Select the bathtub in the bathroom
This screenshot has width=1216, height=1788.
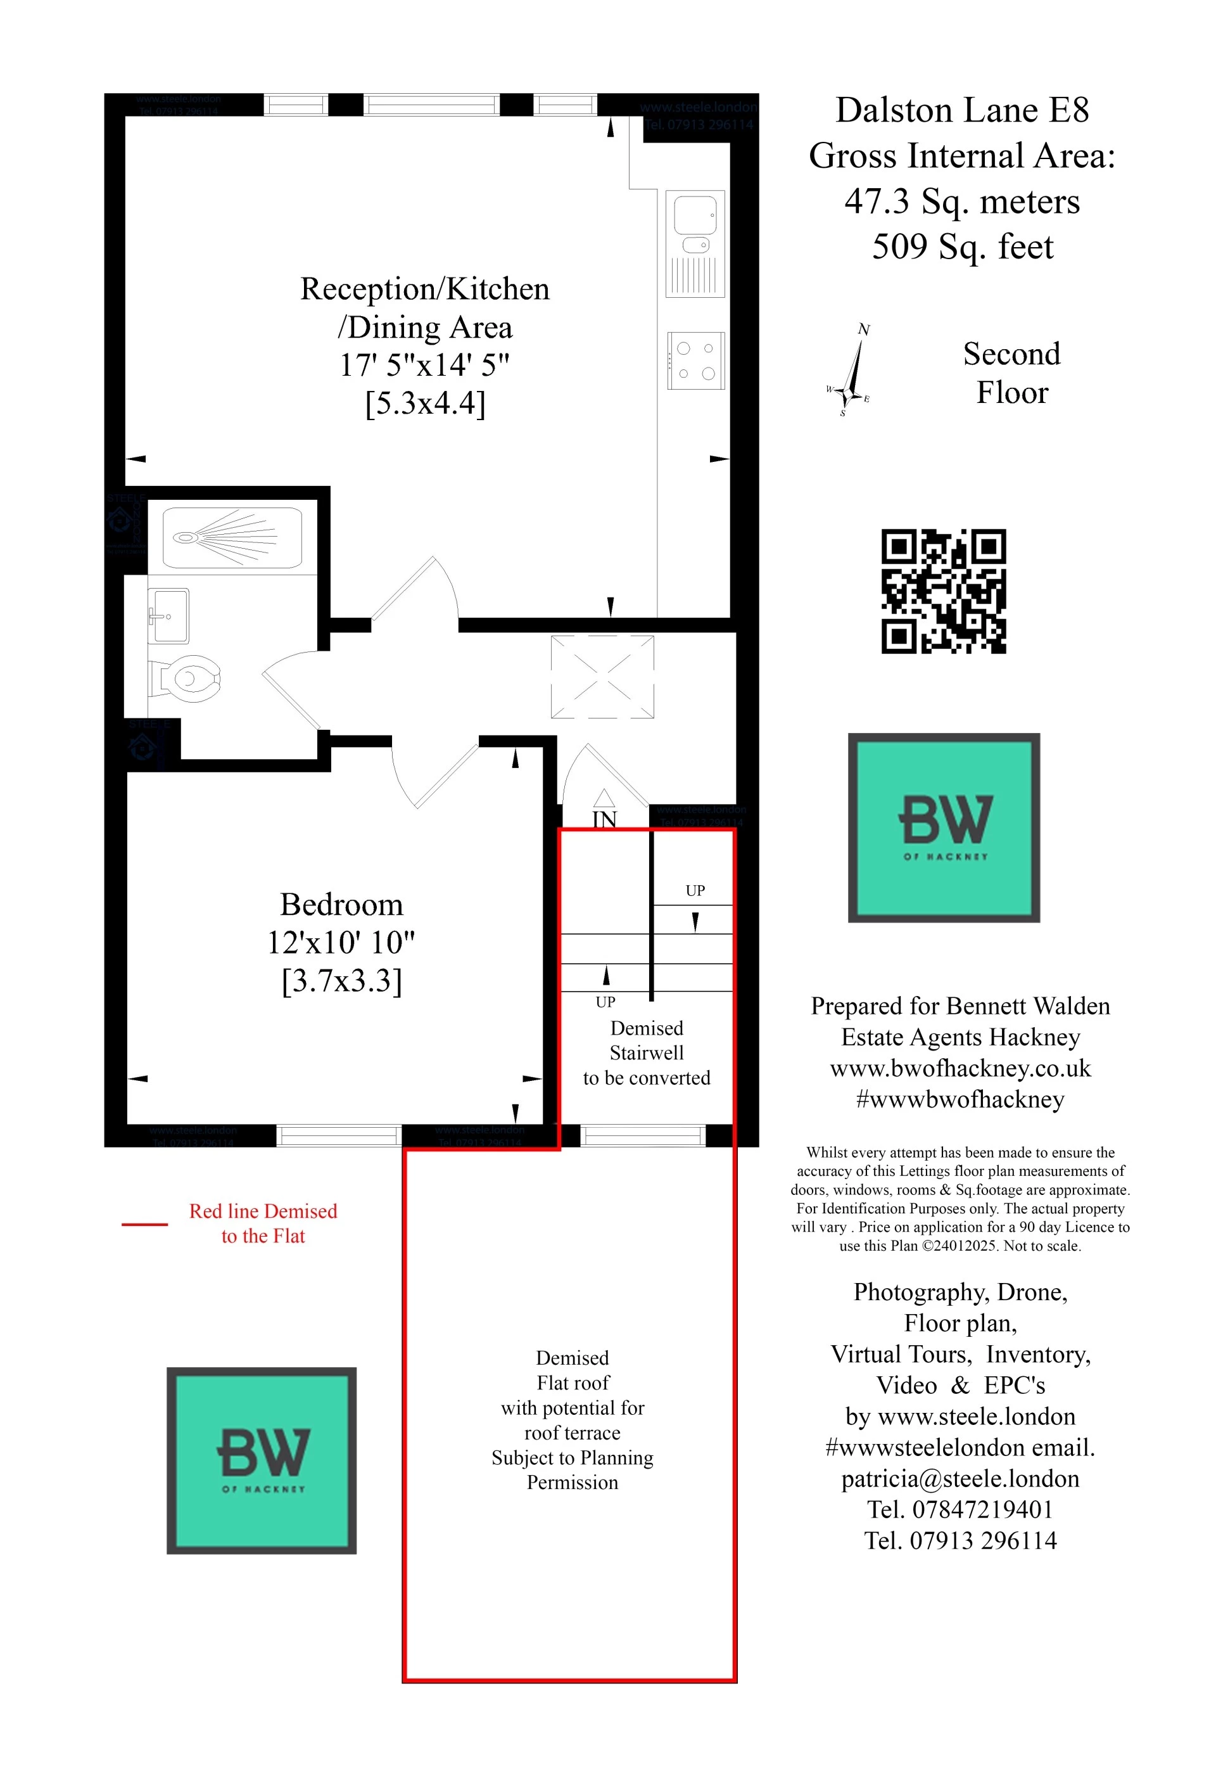click(232, 538)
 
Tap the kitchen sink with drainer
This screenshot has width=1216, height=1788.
click(695, 243)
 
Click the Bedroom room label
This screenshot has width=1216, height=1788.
click(341, 905)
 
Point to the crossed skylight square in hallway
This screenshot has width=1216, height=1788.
click(602, 676)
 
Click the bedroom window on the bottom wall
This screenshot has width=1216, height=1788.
click(338, 1135)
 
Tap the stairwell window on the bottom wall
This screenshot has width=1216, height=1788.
click(642, 1135)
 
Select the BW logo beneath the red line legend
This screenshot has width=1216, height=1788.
click(262, 1460)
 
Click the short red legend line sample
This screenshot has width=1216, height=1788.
click(144, 1223)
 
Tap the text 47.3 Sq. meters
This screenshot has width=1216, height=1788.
click(961, 201)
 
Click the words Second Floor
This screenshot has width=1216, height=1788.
click(1011, 373)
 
